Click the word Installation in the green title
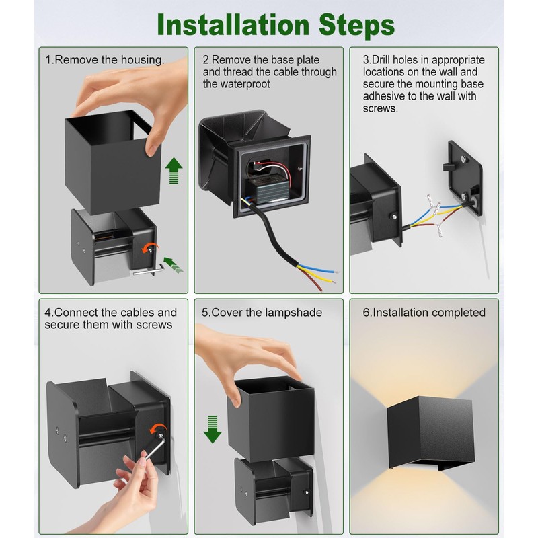233,25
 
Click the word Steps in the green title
357,26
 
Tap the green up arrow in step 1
174,170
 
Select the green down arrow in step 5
213,429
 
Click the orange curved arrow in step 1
151,246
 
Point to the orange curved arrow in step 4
158,429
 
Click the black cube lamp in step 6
430,432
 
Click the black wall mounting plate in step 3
465,178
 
